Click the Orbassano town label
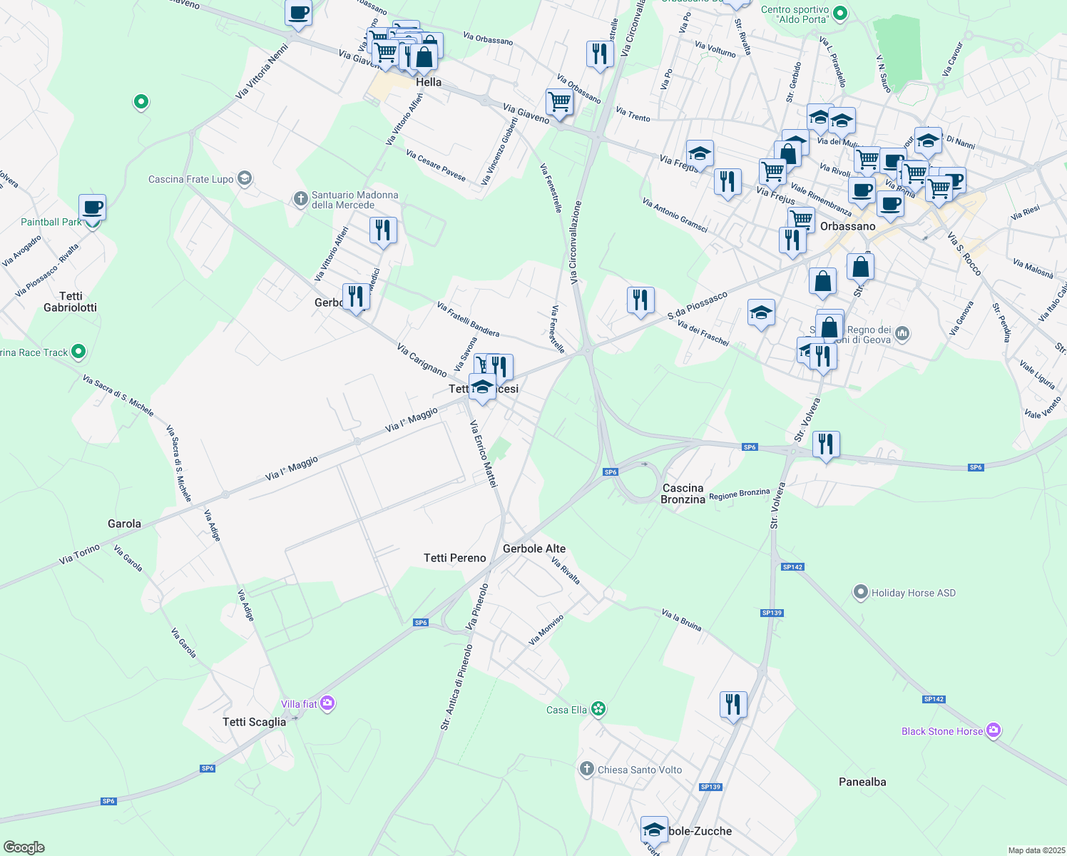pyautogui.click(x=847, y=226)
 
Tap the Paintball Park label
pyautogui.click(x=51, y=222)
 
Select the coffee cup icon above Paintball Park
pyautogui.click(x=92, y=208)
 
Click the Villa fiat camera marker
pyautogui.click(x=327, y=703)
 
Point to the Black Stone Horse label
pyautogui.click(x=941, y=731)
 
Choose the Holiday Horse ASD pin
pyautogui.click(x=861, y=592)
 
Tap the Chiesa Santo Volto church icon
pyautogui.click(x=586, y=768)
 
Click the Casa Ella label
pyautogui.click(x=566, y=710)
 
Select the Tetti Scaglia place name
pyautogui.click(x=254, y=722)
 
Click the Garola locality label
pyautogui.click(x=124, y=524)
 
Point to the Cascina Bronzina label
pyautogui.click(x=683, y=494)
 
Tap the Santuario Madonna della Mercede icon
pyautogui.click(x=300, y=199)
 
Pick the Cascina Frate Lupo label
pyautogui.click(x=190, y=179)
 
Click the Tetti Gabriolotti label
pyautogui.click(x=71, y=302)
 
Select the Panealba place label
pyautogui.click(x=862, y=782)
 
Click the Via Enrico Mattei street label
pyautogui.click(x=483, y=454)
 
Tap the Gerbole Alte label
pyautogui.click(x=534, y=549)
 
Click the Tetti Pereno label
pyautogui.click(x=454, y=558)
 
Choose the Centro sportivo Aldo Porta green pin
pyautogui.click(x=840, y=13)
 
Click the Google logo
pyautogui.click(x=24, y=847)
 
